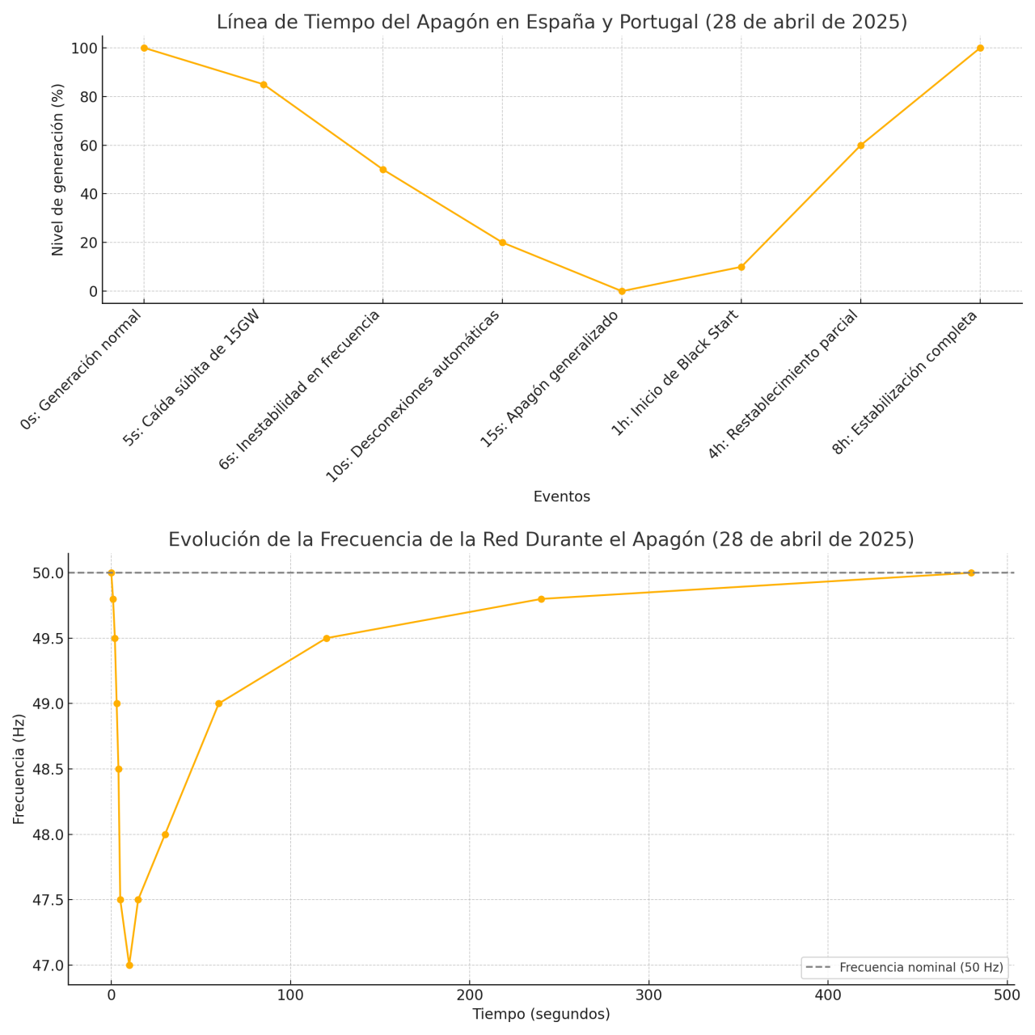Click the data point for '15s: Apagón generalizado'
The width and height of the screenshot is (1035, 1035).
622,291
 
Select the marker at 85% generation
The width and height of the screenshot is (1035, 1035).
264,84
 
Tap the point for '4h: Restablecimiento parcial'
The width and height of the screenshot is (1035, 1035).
860,146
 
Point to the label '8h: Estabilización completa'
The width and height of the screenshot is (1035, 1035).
905,382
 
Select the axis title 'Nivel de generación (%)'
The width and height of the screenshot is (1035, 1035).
57,170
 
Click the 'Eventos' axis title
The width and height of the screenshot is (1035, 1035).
561,496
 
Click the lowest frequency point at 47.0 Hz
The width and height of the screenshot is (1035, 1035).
129,965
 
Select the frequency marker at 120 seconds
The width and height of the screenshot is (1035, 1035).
327,638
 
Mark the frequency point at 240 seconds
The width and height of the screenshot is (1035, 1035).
542,599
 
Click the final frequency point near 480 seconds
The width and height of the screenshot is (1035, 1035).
971,572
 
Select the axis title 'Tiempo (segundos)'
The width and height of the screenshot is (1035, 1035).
541,1014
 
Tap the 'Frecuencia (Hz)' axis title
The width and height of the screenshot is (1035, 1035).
19,768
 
